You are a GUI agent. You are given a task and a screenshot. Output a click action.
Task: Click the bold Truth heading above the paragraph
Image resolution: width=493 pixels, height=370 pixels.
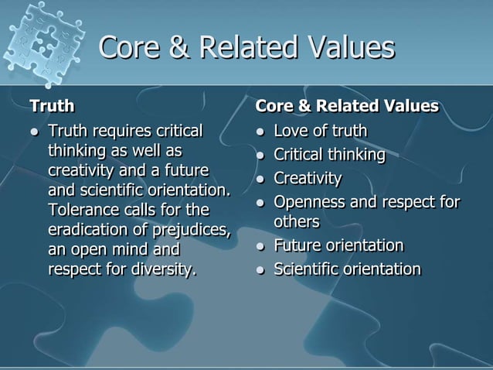click(52, 105)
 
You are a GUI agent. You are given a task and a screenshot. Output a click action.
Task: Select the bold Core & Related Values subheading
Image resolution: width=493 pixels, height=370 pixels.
click(347, 105)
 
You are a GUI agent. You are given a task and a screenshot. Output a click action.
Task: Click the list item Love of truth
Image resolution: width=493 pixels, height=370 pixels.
click(321, 131)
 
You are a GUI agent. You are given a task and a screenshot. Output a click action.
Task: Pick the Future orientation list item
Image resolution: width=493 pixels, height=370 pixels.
click(338, 245)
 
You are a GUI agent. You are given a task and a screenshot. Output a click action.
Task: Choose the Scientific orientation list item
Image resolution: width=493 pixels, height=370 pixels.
click(348, 269)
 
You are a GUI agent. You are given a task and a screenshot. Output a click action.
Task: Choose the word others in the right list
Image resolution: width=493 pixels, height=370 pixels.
click(297, 221)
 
